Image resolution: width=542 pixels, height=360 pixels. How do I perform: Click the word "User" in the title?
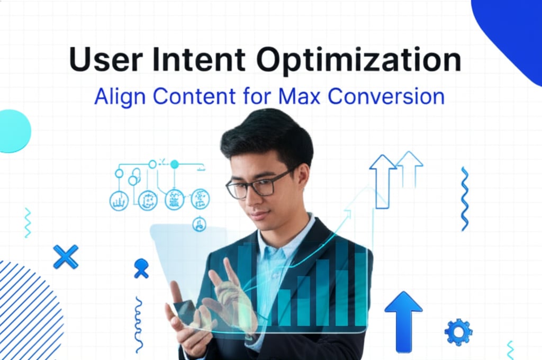click(106, 59)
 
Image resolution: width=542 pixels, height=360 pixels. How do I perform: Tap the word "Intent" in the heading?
click(199, 59)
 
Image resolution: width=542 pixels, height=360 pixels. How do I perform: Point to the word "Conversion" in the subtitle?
click(386, 96)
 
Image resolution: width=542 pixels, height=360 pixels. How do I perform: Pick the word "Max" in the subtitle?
click(300, 96)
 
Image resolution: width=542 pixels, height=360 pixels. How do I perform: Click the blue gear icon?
click(458, 332)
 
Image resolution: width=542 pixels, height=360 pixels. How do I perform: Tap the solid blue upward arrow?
click(403, 321)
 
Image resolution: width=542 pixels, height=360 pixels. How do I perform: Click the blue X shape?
click(66, 257)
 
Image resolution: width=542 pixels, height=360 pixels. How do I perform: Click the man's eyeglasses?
click(259, 185)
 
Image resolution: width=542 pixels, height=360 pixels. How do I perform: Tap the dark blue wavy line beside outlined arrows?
click(465, 199)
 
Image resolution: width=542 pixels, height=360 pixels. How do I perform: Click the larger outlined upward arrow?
click(383, 182)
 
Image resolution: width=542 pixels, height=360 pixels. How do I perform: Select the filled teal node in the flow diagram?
click(175, 164)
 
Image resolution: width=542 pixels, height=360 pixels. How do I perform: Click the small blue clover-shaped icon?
click(141, 268)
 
